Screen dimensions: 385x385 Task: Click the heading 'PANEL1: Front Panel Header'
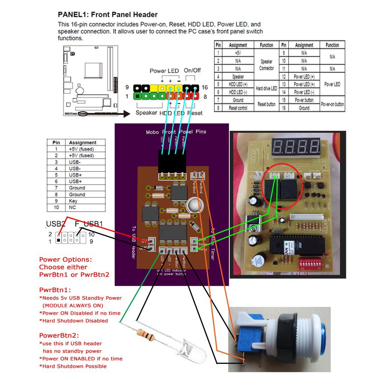pos(108,15)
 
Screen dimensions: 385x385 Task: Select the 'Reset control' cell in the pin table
pos(238,108)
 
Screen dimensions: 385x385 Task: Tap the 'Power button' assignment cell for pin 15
pos(304,100)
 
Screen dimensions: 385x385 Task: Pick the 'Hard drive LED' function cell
pos(266,88)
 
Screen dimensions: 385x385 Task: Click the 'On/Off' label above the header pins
pos(192,70)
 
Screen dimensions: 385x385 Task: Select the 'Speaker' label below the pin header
pos(146,112)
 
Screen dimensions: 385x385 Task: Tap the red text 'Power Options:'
pos(65,259)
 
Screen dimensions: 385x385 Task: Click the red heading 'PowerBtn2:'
pos(59,335)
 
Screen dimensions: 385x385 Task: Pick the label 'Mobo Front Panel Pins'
pos(176,132)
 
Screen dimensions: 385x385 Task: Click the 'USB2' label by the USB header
pos(56,224)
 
